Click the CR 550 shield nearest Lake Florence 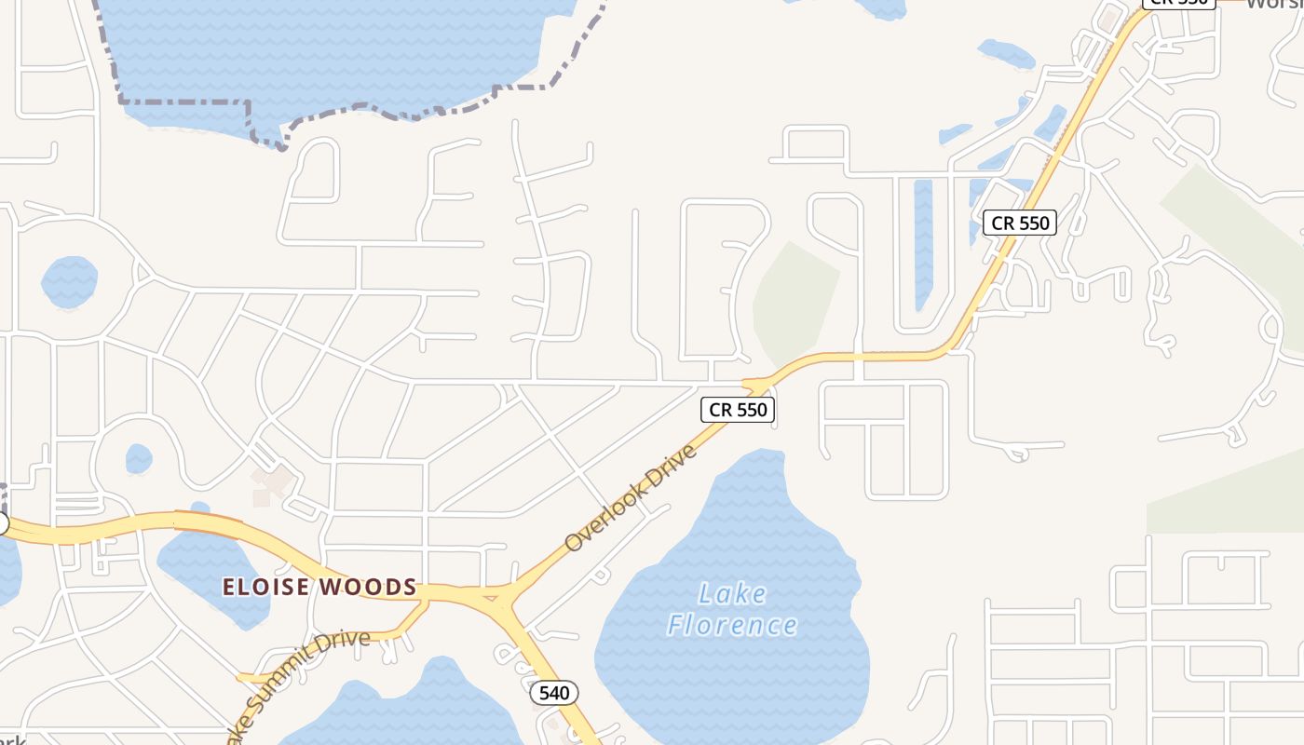pos(738,410)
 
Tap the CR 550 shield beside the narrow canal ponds pos(1020,223)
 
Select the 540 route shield pos(554,693)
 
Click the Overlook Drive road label pos(631,498)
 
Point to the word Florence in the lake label pos(732,624)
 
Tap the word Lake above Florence pos(732,593)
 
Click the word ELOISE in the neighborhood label pos(265,588)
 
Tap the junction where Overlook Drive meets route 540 pos(499,597)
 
